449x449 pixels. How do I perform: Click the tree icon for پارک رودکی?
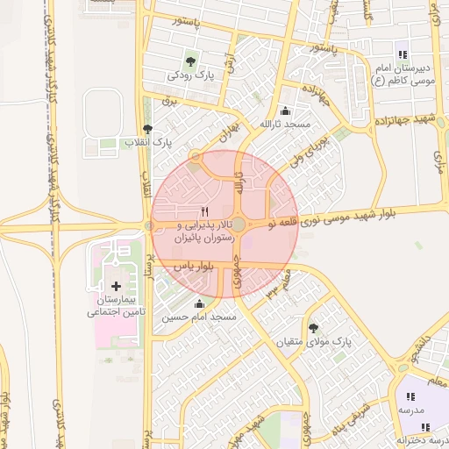click(190, 61)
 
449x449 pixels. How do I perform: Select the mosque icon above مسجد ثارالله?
click(285, 111)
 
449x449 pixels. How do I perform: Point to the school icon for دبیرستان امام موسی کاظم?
click(403, 54)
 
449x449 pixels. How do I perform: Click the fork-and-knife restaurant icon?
click(205, 211)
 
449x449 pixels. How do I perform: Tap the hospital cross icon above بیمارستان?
click(117, 286)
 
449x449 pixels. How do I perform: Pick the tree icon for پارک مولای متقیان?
click(314, 327)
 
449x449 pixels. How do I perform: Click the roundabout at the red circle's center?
click(239, 225)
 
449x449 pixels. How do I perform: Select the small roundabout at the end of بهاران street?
click(196, 157)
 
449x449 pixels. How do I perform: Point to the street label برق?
click(172, 102)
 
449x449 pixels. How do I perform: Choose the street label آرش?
click(231, 61)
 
